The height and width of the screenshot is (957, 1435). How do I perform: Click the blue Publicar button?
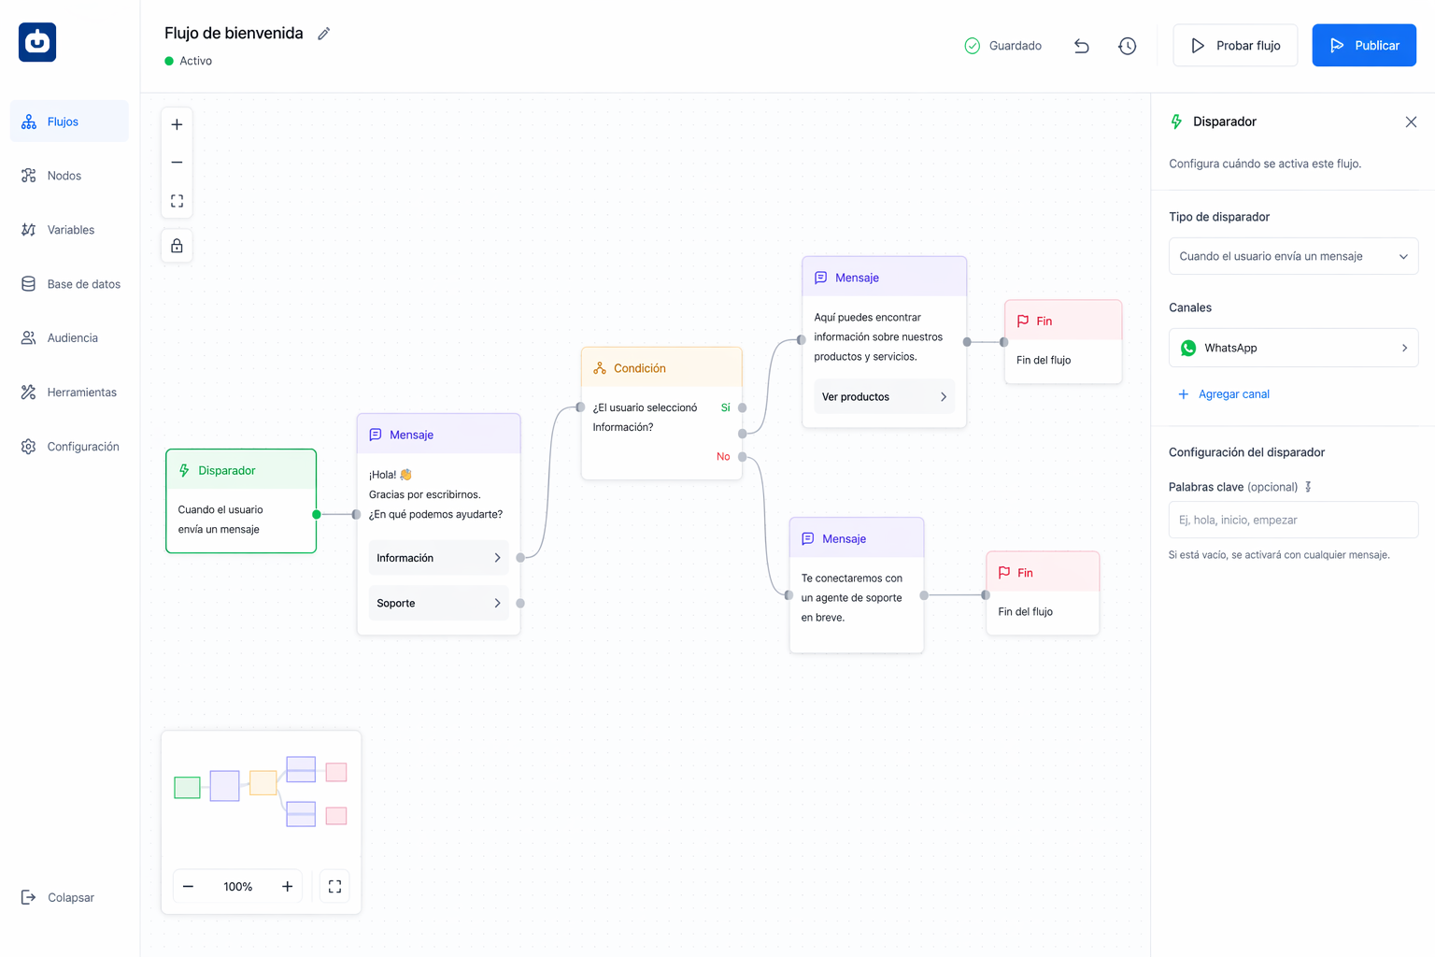[x=1364, y=46]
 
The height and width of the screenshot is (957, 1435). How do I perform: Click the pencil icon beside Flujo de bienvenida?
[x=324, y=34]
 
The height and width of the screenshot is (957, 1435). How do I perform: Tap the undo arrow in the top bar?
[x=1081, y=46]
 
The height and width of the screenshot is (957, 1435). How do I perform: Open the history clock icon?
[x=1127, y=46]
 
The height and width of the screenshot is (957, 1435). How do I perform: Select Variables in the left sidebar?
[x=69, y=230]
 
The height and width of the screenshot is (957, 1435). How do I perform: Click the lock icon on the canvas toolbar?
[x=177, y=246]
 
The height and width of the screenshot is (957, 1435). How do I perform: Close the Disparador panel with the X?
[x=1411, y=121]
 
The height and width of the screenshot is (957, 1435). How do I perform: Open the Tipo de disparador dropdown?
[x=1293, y=256]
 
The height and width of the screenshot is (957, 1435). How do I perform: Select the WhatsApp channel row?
[x=1293, y=348]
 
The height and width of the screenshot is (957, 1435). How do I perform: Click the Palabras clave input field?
[x=1293, y=520]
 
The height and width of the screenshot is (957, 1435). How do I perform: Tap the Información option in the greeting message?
[x=439, y=558]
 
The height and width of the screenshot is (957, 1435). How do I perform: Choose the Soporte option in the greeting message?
[x=439, y=603]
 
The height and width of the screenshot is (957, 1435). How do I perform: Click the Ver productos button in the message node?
[x=884, y=397]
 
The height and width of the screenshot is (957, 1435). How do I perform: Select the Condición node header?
[x=661, y=368]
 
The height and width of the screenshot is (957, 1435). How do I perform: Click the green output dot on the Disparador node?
[x=317, y=514]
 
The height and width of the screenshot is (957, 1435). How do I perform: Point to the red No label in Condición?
[x=723, y=456]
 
